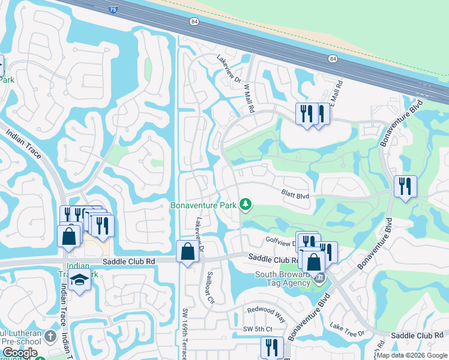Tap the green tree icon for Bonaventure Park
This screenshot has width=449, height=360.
point(245,205)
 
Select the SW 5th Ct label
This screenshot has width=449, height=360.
point(258,329)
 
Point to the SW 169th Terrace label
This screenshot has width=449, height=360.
point(186,334)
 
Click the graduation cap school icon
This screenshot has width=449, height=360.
point(79,280)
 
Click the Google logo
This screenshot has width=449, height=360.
point(19,353)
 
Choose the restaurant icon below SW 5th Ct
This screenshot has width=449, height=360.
point(272,347)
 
